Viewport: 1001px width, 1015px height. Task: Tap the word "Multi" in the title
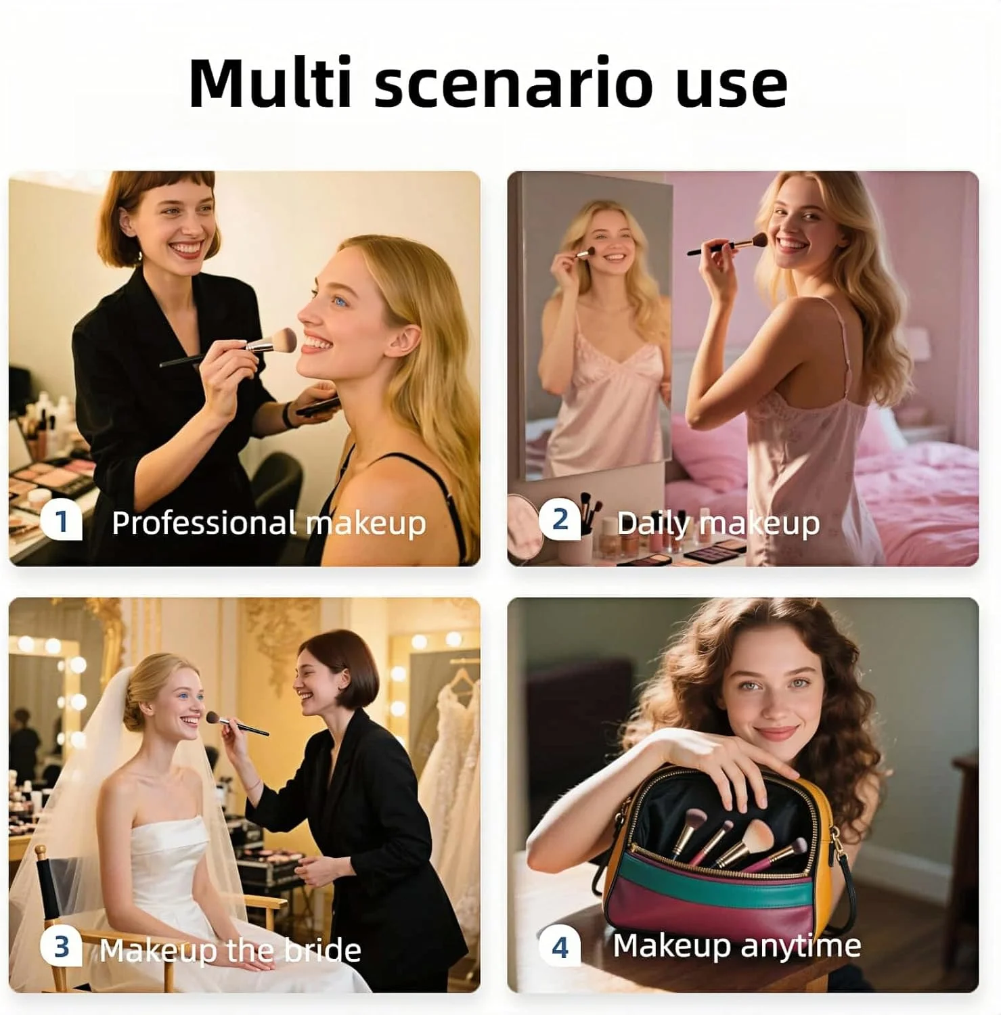pos(270,83)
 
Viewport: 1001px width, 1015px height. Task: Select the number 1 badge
pos(62,522)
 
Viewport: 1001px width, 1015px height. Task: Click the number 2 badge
pos(560,520)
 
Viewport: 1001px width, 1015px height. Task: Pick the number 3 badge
pos(62,947)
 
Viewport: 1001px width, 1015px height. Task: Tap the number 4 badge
pos(560,947)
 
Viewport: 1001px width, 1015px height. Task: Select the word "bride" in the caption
pos(322,950)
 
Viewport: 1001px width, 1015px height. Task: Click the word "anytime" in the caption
pos(801,946)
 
